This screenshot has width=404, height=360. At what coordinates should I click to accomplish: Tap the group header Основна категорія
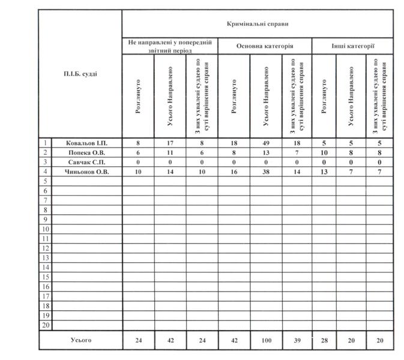click(x=265, y=46)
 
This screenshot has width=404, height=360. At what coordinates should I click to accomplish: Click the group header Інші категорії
click(x=353, y=46)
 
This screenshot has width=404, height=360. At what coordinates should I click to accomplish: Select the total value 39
click(x=297, y=341)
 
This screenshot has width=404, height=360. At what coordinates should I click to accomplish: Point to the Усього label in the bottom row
click(x=80, y=340)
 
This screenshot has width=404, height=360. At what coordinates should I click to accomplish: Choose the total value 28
click(x=324, y=341)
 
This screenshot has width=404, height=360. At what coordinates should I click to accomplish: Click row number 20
click(x=45, y=325)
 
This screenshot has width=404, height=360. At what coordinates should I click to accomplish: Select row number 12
click(x=45, y=248)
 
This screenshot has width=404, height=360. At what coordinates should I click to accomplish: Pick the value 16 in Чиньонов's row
click(x=234, y=172)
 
